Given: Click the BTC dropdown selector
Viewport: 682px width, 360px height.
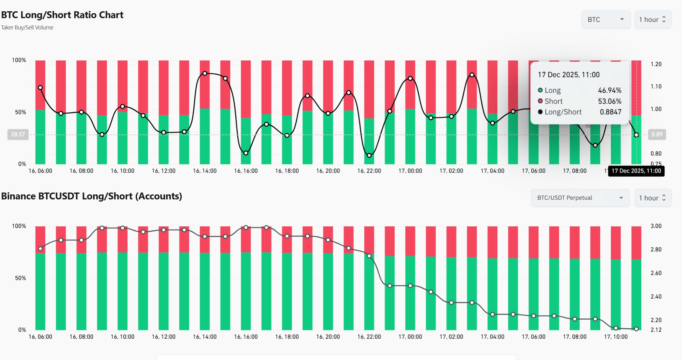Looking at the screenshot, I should pyautogui.click(x=606, y=20).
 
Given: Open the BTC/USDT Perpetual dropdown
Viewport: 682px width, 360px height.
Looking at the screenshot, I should pyautogui.click(x=580, y=198).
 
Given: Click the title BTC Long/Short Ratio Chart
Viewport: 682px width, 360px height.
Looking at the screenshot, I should pyautogui.click(x=62, y=15).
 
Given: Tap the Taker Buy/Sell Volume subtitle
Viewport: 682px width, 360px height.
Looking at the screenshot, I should pyautogui.click(x=27, y=28).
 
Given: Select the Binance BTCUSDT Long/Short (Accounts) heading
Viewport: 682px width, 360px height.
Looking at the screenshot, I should pyautogui.click(x=91, y=196).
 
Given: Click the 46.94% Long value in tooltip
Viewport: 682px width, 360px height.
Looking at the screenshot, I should pyautogui.click(x=609, y=90).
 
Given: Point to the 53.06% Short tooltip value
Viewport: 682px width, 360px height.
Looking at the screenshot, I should pyautogui.click(x=609, y=101).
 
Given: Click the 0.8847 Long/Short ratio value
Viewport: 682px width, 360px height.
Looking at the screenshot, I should pyautogui.click(x=610, y=112).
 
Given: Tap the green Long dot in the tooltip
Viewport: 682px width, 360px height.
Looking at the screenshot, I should pyautogui.click(x=540, y=90).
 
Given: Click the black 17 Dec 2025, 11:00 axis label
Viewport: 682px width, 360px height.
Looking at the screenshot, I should pyautogui.click(x=636, y=171).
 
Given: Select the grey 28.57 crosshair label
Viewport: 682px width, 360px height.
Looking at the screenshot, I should pyautogui.click(x=18, y=135).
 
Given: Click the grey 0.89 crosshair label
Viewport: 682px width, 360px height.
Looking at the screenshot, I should pyautogui.click(x=657, y=135).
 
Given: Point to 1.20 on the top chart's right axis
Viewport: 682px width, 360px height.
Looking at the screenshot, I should pyautogui.click(x=656, y=64).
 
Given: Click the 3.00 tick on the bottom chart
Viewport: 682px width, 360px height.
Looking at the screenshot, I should pyautogui.click(x=656, y=226).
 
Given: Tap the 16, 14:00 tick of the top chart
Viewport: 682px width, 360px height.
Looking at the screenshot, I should pyautogui.click(x=205, y=171).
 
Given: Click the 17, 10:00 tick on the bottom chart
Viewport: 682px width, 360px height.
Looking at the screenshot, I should pyautogui.click(x=616, y=337).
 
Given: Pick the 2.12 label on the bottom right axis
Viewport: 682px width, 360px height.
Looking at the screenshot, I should pyautogui.click(x=656, y=330).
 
